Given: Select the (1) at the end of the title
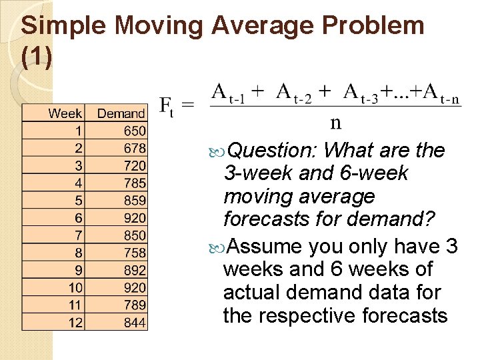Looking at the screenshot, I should [x=36, y=57].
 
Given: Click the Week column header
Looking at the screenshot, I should [x=65, y=113].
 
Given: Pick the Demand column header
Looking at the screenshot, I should [x=121, y=113].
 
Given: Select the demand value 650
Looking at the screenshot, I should [x=134, y=131].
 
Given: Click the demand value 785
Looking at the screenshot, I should [x=134, y=183].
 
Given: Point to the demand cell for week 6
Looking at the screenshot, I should [x=134, y=217].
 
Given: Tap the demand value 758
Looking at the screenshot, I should [x=134, y=252].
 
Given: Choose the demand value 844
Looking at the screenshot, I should [x=134, y=322].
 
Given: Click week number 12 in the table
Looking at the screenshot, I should [x=75, y=322].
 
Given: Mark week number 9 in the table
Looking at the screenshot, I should [x=79, y=269].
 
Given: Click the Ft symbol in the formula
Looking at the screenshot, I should [x=168, y=106].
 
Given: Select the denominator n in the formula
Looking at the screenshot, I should [x=336, y=121].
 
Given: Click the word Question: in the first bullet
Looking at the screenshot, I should [x=273, y=151].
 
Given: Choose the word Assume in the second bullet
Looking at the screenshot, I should [x=265, y=247].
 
